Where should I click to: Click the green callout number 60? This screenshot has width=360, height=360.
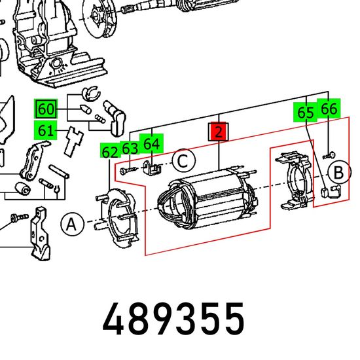coord(46,109)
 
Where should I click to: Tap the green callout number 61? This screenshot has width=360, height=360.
coord(45,130)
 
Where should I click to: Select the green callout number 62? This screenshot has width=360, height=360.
coord(110,152)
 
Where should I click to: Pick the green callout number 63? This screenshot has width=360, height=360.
coord(130,148)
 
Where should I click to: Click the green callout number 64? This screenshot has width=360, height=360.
coord(152,144)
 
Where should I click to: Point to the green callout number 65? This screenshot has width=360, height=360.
coord(306,113)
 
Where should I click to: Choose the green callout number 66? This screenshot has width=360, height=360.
coord(329,109)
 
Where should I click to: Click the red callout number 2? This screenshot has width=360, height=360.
coord(219,132)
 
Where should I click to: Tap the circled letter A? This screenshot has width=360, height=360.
coord(72,225)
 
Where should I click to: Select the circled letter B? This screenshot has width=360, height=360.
coord(339,172)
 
